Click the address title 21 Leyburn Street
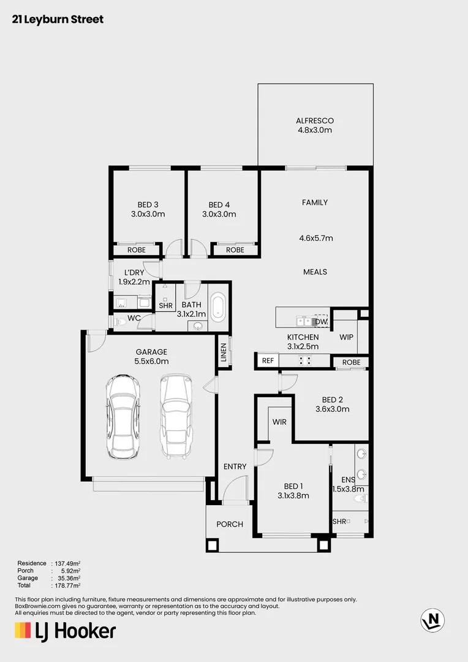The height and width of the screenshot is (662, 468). pos(58,20)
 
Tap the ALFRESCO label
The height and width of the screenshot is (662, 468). pos(315,121)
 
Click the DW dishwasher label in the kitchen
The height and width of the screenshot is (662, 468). pos(321,321)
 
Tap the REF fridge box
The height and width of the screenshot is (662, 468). pos(266,361)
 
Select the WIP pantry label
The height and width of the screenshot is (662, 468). pos(347,337)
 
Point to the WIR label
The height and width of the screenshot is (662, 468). pos(279,422)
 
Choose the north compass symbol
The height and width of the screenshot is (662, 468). pos(432,620)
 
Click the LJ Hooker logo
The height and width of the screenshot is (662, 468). pos(65,631)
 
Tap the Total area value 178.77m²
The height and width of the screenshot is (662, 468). pos(69,585)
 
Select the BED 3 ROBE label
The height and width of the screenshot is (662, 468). pos(136,250)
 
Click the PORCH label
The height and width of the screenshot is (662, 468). pos(230,524)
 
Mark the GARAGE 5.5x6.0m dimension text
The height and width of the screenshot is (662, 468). pos(151,361)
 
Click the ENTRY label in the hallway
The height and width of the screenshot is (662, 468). pos(235,466)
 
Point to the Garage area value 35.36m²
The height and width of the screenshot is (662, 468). pos(69,578)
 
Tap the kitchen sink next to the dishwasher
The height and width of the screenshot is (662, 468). pos(304,321)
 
